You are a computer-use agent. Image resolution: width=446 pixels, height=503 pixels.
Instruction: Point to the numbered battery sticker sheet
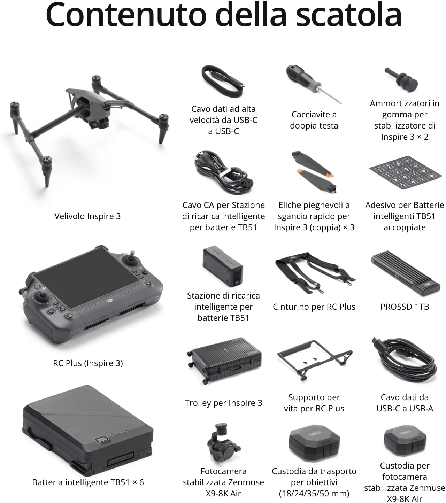click(x=405, y=172)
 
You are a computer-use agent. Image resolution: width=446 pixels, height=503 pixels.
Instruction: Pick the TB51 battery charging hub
click(x=223, y=266)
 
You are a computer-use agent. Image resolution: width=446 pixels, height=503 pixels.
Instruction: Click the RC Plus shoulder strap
click(x=315, y=273)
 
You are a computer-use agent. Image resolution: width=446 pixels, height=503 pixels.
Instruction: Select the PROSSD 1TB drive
click(x=405, y=273)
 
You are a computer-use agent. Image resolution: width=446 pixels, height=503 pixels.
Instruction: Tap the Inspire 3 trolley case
click(x=224, y=360)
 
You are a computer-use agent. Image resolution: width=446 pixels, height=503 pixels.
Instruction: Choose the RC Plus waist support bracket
click(x=314, y=359)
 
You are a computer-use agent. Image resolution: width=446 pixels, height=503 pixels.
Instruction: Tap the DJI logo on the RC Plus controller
click(x=110, y=301)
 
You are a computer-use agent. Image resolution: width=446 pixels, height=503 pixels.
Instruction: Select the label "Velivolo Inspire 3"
click(x=87, y=216)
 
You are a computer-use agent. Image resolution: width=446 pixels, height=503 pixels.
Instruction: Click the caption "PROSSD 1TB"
click(x=405, y=307)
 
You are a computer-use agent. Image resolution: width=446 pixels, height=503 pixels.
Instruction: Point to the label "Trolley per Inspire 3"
click(x=223, y=403)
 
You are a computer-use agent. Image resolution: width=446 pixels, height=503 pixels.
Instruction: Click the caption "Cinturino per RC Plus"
click(x=314, y=307)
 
